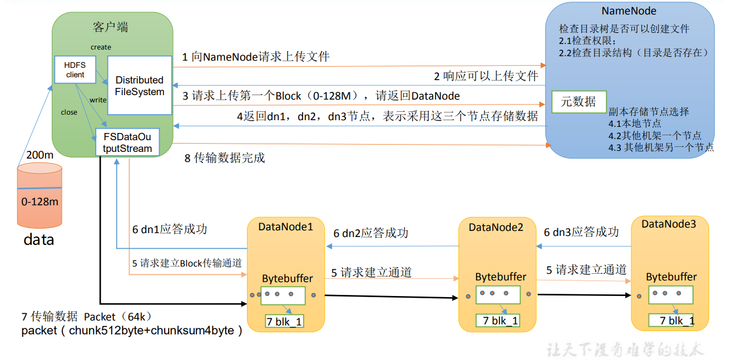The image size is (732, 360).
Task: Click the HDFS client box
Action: click(x=75, y=70)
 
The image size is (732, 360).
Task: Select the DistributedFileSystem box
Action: click(x=140, y=85)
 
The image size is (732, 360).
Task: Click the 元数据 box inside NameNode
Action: click(x=578, y=101)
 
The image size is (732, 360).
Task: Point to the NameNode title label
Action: click(x=629, y=11)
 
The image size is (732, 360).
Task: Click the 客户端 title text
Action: click(x=111, y=27)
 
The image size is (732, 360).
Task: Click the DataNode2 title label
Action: click(x=496, y=227)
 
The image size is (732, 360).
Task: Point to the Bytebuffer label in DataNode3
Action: click(x=671, y=277)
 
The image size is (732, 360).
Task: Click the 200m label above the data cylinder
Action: click(x=39, y=155)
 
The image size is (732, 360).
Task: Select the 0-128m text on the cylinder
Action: click(x=39, y=201)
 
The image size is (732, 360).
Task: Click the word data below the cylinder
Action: click(x=38, y=240)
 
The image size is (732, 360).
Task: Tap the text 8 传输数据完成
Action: click(x=225, y=158)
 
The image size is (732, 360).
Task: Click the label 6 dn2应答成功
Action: click(x=370, y=233)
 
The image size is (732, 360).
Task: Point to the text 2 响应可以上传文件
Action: click(x=486, y=76)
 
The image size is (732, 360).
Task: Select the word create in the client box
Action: click(x=101, y=47)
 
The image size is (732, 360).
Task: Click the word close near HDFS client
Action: click(x=69, y=112)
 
